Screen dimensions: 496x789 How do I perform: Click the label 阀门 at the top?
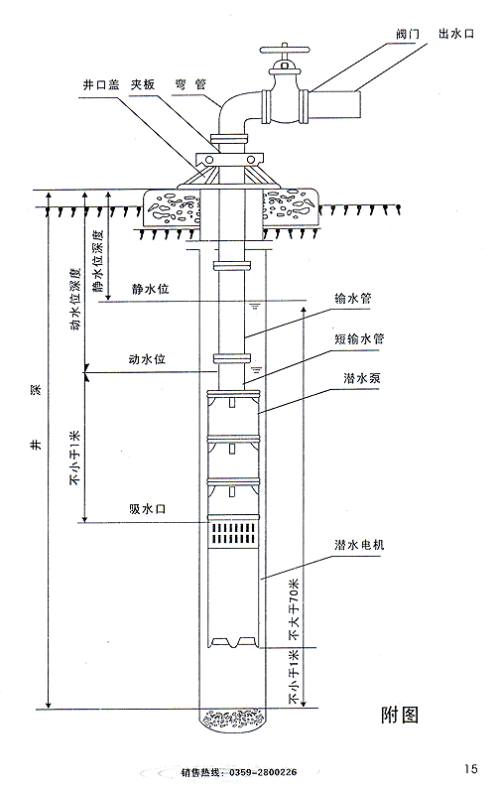tap(407, 34)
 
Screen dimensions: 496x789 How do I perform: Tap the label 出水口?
tap(455, 34)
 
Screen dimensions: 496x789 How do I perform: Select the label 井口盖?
tap(101, 84)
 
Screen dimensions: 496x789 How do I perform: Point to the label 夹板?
tap(143, 84)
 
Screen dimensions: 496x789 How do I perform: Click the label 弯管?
tap(190, 84)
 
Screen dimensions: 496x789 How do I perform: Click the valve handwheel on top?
tap(284, 50)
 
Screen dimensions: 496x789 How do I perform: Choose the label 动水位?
tap(147, 359)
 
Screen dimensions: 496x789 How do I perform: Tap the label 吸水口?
tap(147, 509)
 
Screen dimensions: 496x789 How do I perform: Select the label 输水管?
tap(352, 298)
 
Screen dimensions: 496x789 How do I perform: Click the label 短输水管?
tap(359, 338)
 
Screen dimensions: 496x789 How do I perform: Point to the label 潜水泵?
tap(362, 378)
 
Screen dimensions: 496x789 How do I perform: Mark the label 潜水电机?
tap(359, 545)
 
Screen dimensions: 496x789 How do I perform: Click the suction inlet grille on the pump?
tap(234, 533)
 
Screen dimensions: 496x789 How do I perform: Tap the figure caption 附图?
tap(400, 715)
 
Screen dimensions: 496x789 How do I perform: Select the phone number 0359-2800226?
tap(263, 772)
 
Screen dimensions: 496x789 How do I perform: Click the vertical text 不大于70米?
tap(294, 608)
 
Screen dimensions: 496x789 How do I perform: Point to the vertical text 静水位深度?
tap(98, 261)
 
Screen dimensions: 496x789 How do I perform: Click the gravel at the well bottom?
tap(232, 719)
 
